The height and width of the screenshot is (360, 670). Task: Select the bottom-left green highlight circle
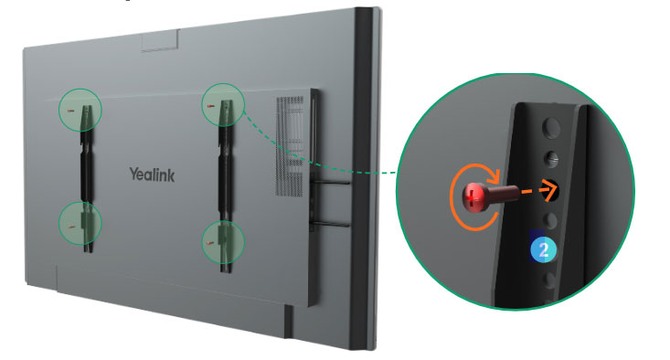click(80, 223)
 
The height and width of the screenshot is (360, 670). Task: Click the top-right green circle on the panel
click(224, 106)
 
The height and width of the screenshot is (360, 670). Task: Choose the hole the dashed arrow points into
click(551, 190)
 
